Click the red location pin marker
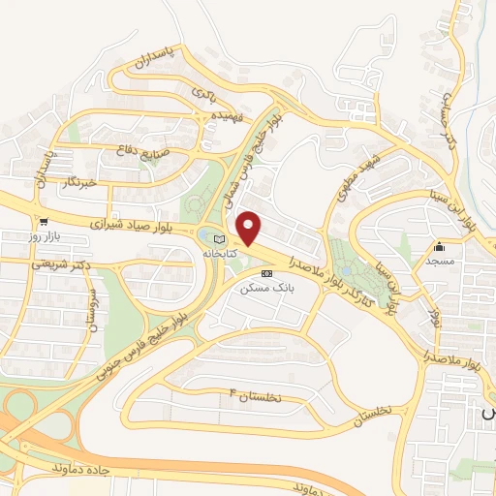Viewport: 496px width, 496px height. tap(250, 228)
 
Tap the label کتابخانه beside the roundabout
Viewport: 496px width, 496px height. tap(218, 253)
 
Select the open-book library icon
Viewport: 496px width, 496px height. tap(218, 239)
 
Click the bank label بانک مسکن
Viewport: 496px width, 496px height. tap(268, 288)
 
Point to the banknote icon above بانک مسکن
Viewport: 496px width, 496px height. tap(268, 274)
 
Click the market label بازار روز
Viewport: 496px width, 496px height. tap(45, 236)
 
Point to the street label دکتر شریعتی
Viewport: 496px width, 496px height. tap(60, 263)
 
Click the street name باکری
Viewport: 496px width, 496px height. tap(202, 95)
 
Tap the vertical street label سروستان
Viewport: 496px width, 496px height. tap(91, 311)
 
